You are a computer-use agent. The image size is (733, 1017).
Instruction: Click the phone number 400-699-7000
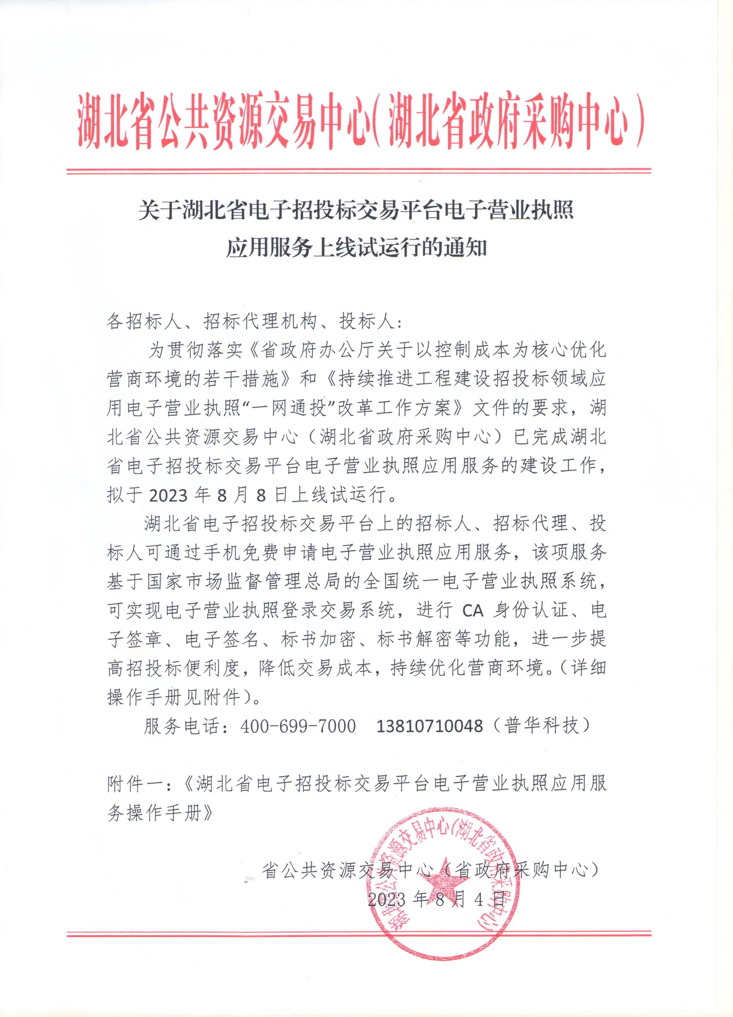(x=298, y=725)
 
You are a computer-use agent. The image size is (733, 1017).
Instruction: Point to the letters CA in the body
(x=473, y=610)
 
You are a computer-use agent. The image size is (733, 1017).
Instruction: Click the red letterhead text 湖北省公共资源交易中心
(x=224, y=121)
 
